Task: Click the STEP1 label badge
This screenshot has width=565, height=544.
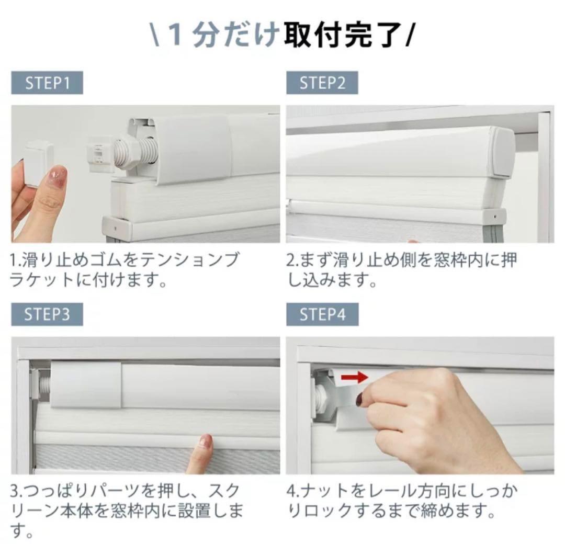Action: coord(47,83)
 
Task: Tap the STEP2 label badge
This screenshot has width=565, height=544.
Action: coord(322,83)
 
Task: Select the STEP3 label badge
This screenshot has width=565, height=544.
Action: coord(47,314)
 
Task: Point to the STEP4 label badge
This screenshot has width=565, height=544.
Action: coord(322,314)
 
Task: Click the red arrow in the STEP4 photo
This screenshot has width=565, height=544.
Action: coord(355,378)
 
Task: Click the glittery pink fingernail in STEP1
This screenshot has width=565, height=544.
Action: coord(57,174)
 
